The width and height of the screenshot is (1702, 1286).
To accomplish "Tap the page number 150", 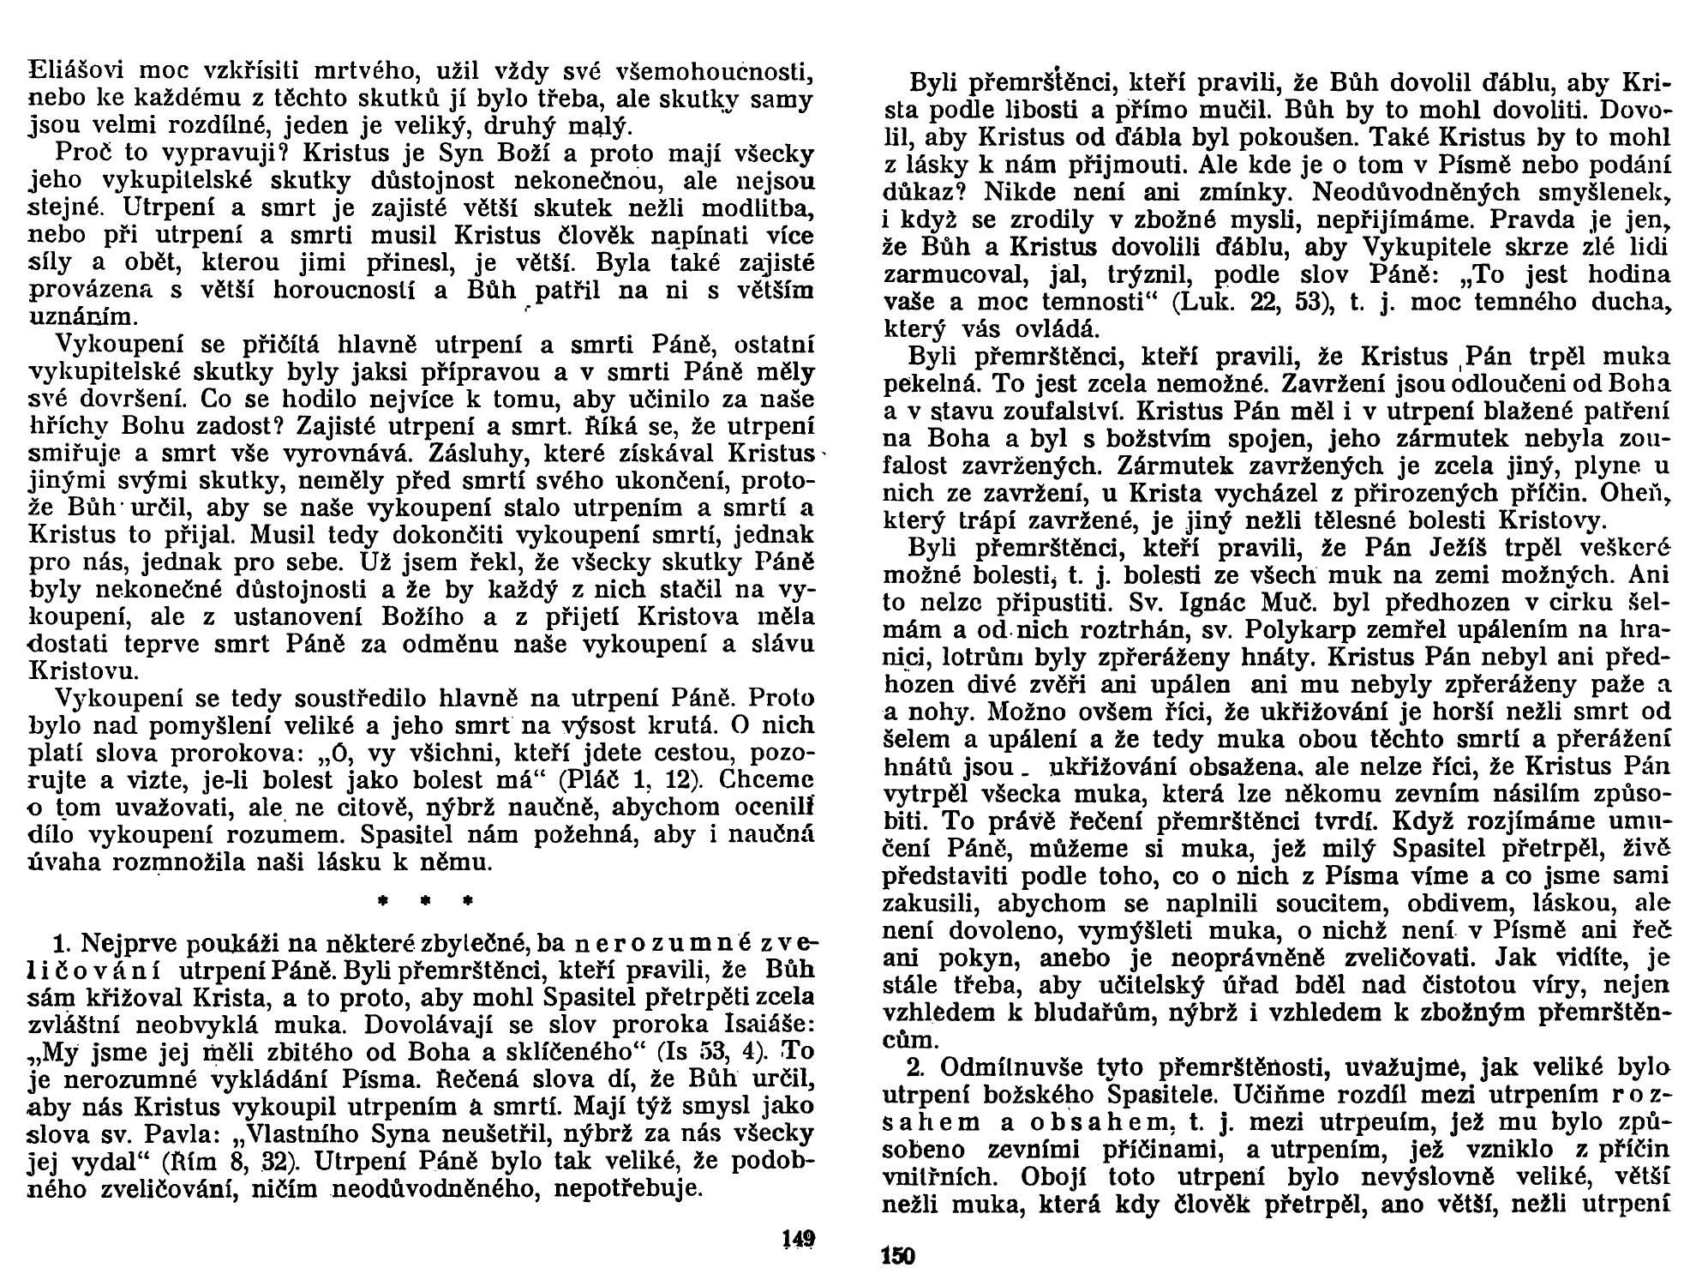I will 898,1257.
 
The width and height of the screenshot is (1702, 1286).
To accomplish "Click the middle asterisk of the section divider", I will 425,902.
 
